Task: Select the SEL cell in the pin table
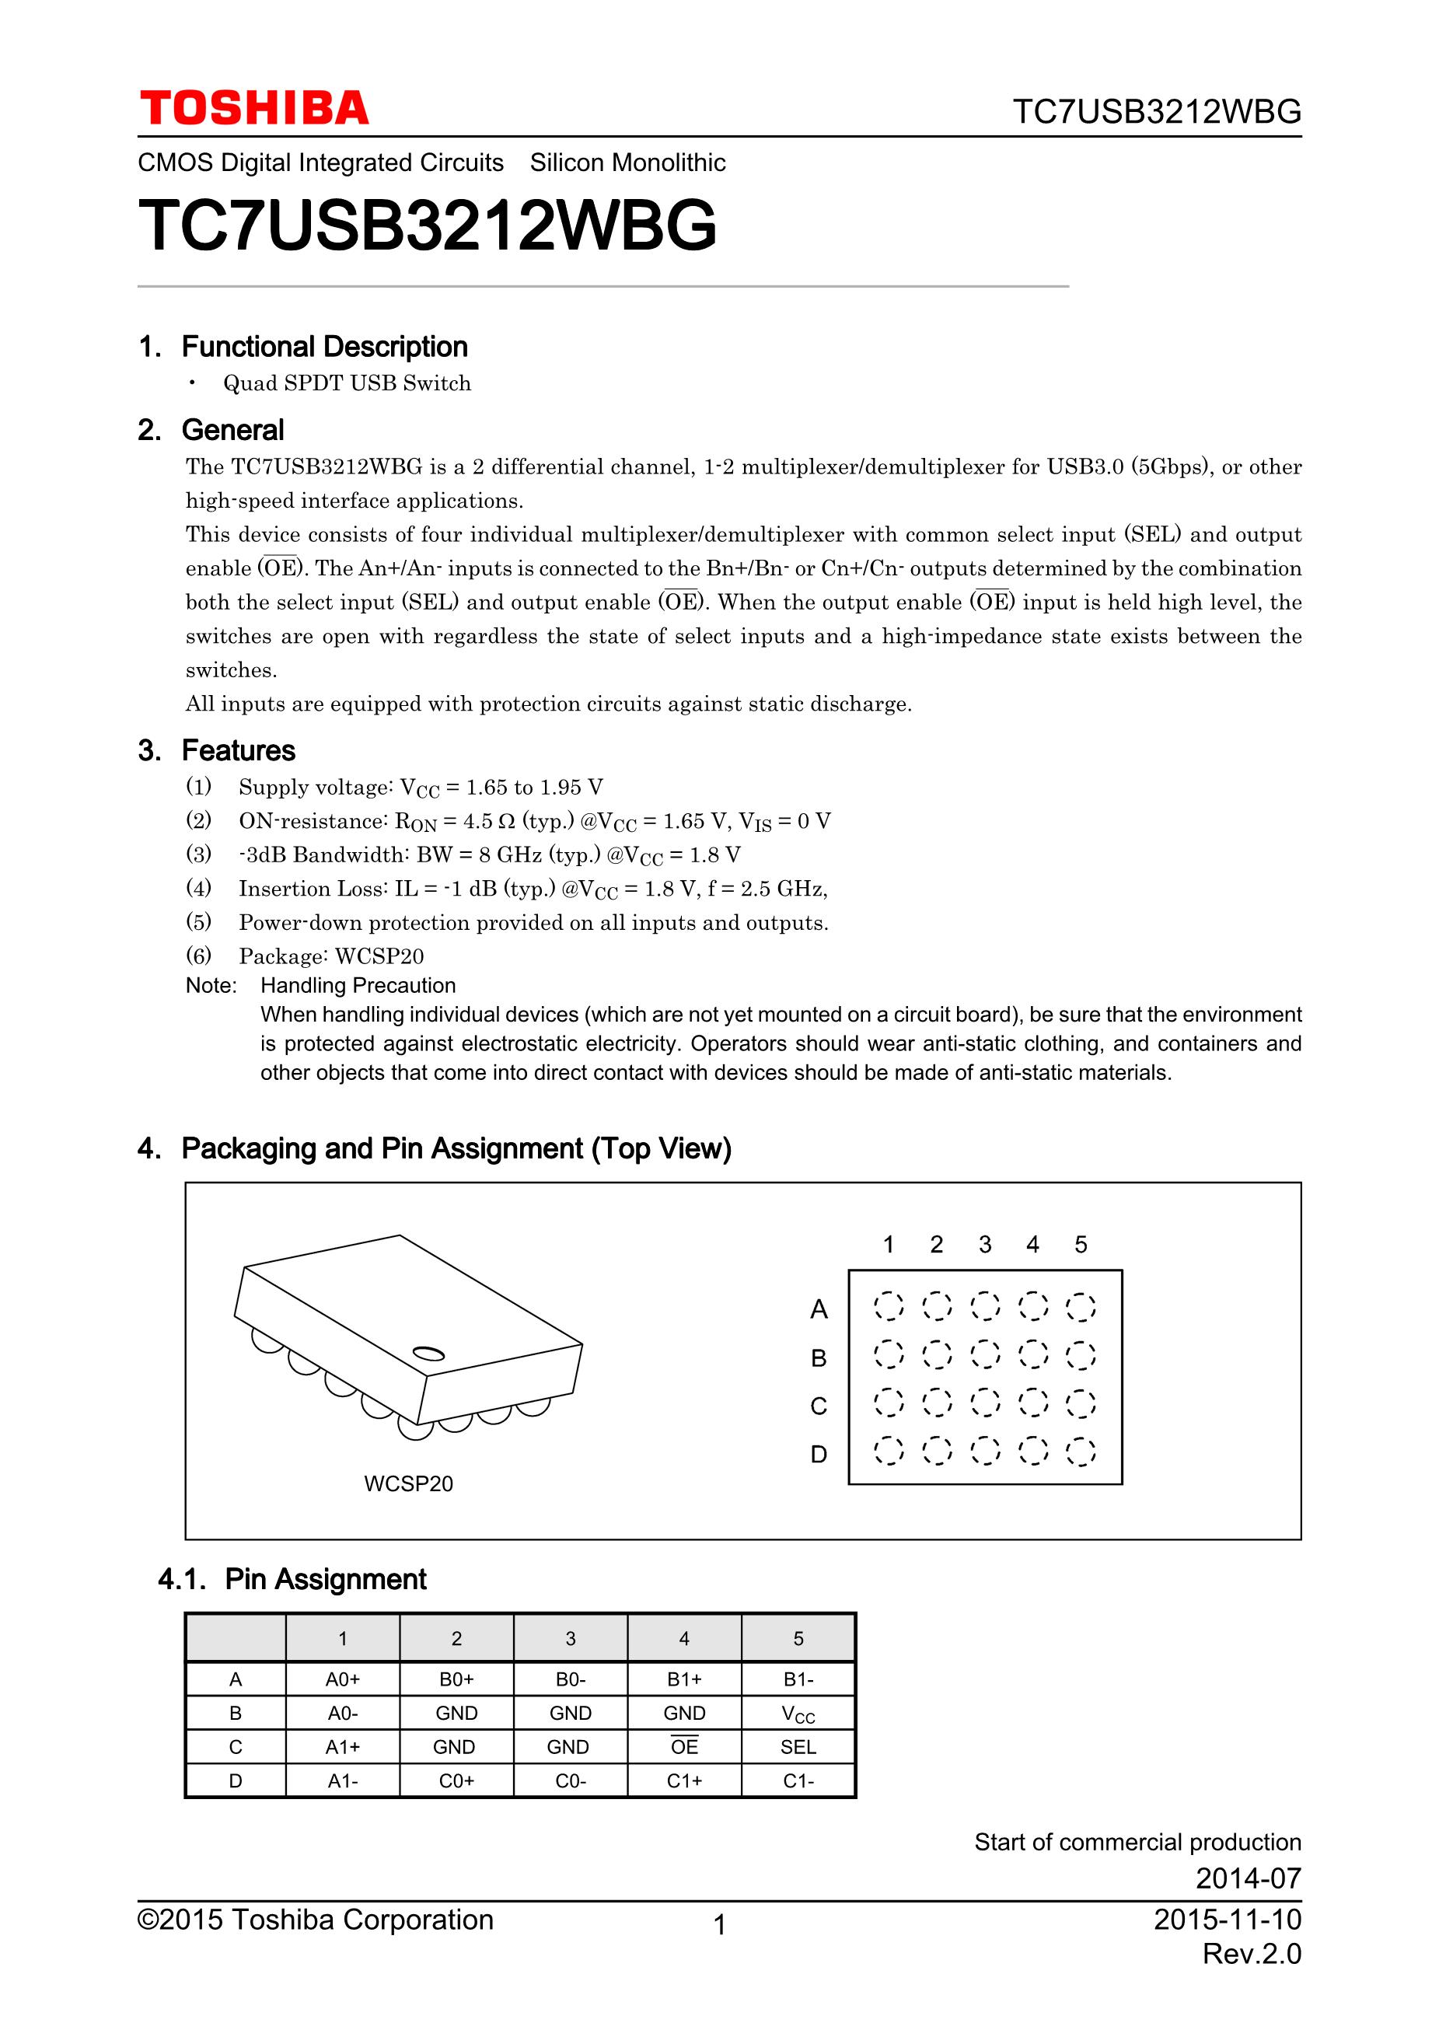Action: [x=798, y=1747]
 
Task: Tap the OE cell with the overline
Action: [x=684, y=1747]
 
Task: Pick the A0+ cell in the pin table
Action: [x=342, y=1679]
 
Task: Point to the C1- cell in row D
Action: [x=798, y=1780]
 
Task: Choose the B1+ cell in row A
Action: [x=684, y=1679]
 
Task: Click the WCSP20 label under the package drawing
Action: [x=408, y=1483]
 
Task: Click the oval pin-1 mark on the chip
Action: [x=429, y=1353]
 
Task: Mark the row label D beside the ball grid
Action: [x=818, y=1454]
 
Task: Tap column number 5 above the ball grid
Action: [x=1081, y=1244]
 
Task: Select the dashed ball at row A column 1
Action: [x=888, y=1306]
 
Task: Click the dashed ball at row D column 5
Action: [x=1081, y=1452]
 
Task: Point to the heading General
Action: [x=232, y=430]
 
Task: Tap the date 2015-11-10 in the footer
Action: [x=1227, y=1919]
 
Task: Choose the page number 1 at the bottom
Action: [x=720, y=1924]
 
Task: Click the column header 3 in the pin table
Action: [x=571, y=1639]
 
